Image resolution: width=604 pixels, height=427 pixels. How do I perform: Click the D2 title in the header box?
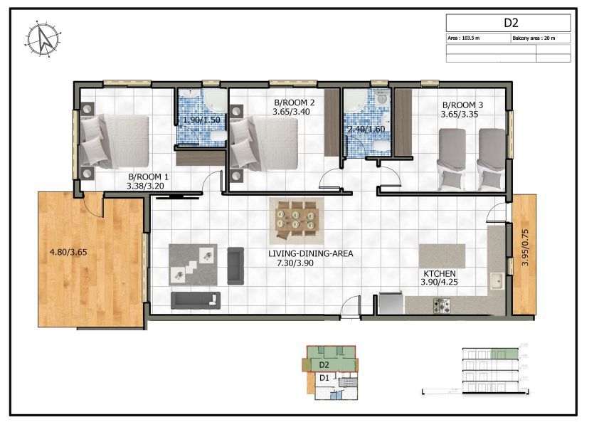(510, 23)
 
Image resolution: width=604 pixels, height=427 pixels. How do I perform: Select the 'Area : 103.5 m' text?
(464, 38)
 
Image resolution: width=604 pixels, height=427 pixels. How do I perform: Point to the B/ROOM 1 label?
(148, 176)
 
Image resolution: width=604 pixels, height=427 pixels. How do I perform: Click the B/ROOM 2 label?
(294, 102)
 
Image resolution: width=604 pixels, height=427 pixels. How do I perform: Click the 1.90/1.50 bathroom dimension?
(201, 120)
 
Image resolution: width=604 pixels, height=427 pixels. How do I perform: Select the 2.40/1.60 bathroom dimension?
(366, 130)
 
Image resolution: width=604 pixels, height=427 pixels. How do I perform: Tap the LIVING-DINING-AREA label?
(310, 253)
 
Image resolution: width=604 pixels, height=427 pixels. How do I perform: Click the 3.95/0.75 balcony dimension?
(526, 247)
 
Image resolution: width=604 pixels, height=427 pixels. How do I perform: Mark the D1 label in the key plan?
(324, 378)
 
